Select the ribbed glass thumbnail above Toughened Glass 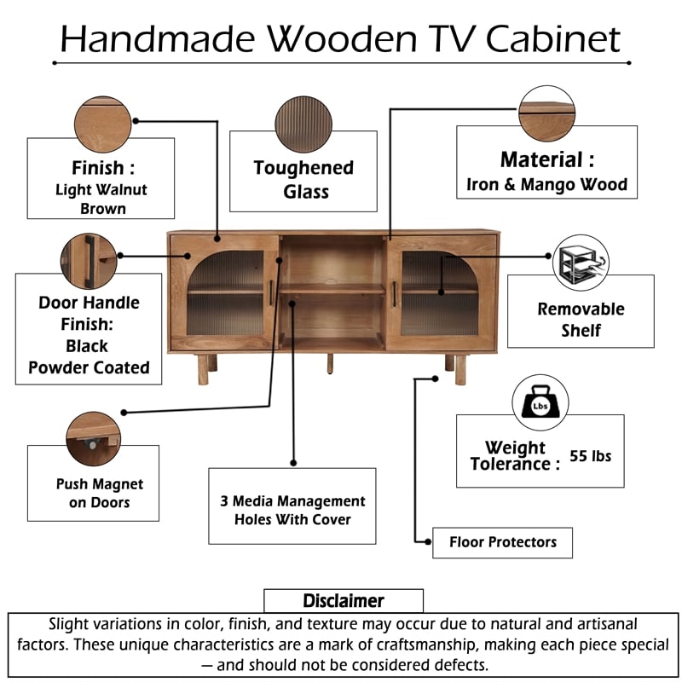tap(303, 124)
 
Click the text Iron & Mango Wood tap(546, 184)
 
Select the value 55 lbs tap(590, 455)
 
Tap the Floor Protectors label tap(502, 542)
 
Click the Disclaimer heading tap(344, 601)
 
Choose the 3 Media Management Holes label tap(292, 510)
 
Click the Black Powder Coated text tap(89, 357)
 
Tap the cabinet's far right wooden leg tap(460, 368)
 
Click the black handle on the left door tap(271, 292)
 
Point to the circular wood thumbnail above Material tap(546, 113)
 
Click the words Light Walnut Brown tap(102, 199)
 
